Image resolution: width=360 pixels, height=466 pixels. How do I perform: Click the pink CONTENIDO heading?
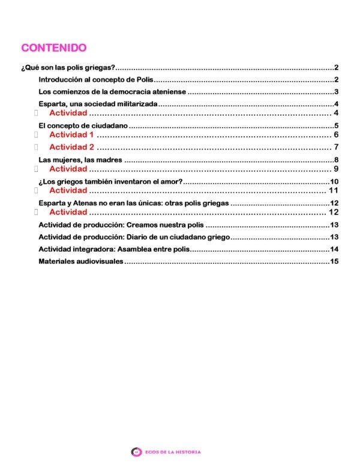point(54,48)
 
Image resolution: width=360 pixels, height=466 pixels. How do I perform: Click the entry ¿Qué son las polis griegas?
point(68,68)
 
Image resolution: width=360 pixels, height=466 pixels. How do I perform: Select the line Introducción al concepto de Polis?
point(96,80)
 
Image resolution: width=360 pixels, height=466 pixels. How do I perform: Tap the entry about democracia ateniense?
point(113,92)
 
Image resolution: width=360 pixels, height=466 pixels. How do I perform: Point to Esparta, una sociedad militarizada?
point(98,104)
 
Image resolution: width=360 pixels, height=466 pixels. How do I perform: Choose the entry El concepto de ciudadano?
point(83,126)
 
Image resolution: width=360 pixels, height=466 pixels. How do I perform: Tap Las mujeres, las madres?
point(80,160)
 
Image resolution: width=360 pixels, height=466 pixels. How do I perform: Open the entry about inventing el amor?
point(110,181)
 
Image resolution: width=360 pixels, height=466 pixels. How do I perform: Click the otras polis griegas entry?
point(133,203)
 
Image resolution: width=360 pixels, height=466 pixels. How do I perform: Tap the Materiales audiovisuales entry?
point(81,261)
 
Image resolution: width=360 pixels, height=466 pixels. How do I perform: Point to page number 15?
point(335,261)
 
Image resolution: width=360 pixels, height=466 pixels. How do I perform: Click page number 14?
point(335,249)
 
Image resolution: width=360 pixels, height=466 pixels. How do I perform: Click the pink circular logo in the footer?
point(136,452)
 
